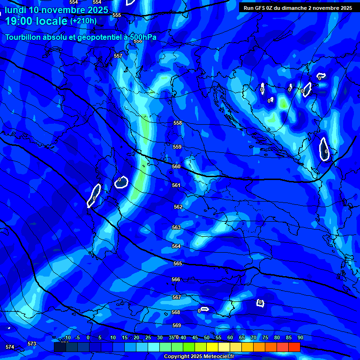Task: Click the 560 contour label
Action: point(176,166)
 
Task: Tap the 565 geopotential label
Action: point(177,264)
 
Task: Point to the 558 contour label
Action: point(177,123)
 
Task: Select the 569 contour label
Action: point(177,325)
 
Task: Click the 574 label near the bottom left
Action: point(10,347)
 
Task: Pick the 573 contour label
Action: point(32,344)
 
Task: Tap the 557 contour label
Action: point(118,56)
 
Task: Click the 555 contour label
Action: point(117,15)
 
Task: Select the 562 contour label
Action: point(178,207)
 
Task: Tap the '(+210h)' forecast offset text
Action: point(83,21)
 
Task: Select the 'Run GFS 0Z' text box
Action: point(298,8)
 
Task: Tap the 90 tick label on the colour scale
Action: point(300,337)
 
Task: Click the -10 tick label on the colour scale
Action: point(67,337)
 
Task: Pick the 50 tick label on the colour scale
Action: point(207,337)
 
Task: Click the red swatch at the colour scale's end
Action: point(294,347)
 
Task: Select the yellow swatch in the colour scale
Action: point(212,347)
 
